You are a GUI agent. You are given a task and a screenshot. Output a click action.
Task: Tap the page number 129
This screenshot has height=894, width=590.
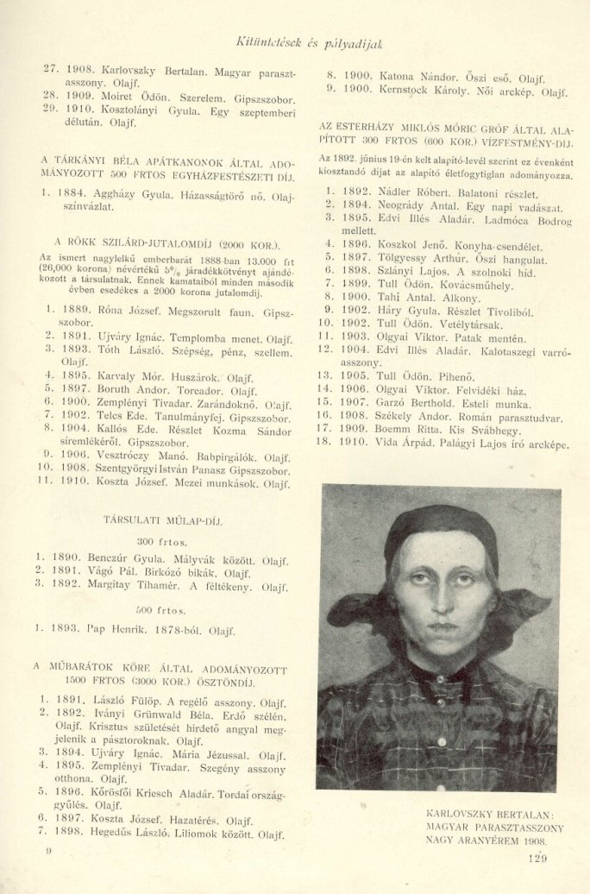535,858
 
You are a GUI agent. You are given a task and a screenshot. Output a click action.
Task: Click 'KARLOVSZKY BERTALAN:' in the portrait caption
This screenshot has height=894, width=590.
490,813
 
